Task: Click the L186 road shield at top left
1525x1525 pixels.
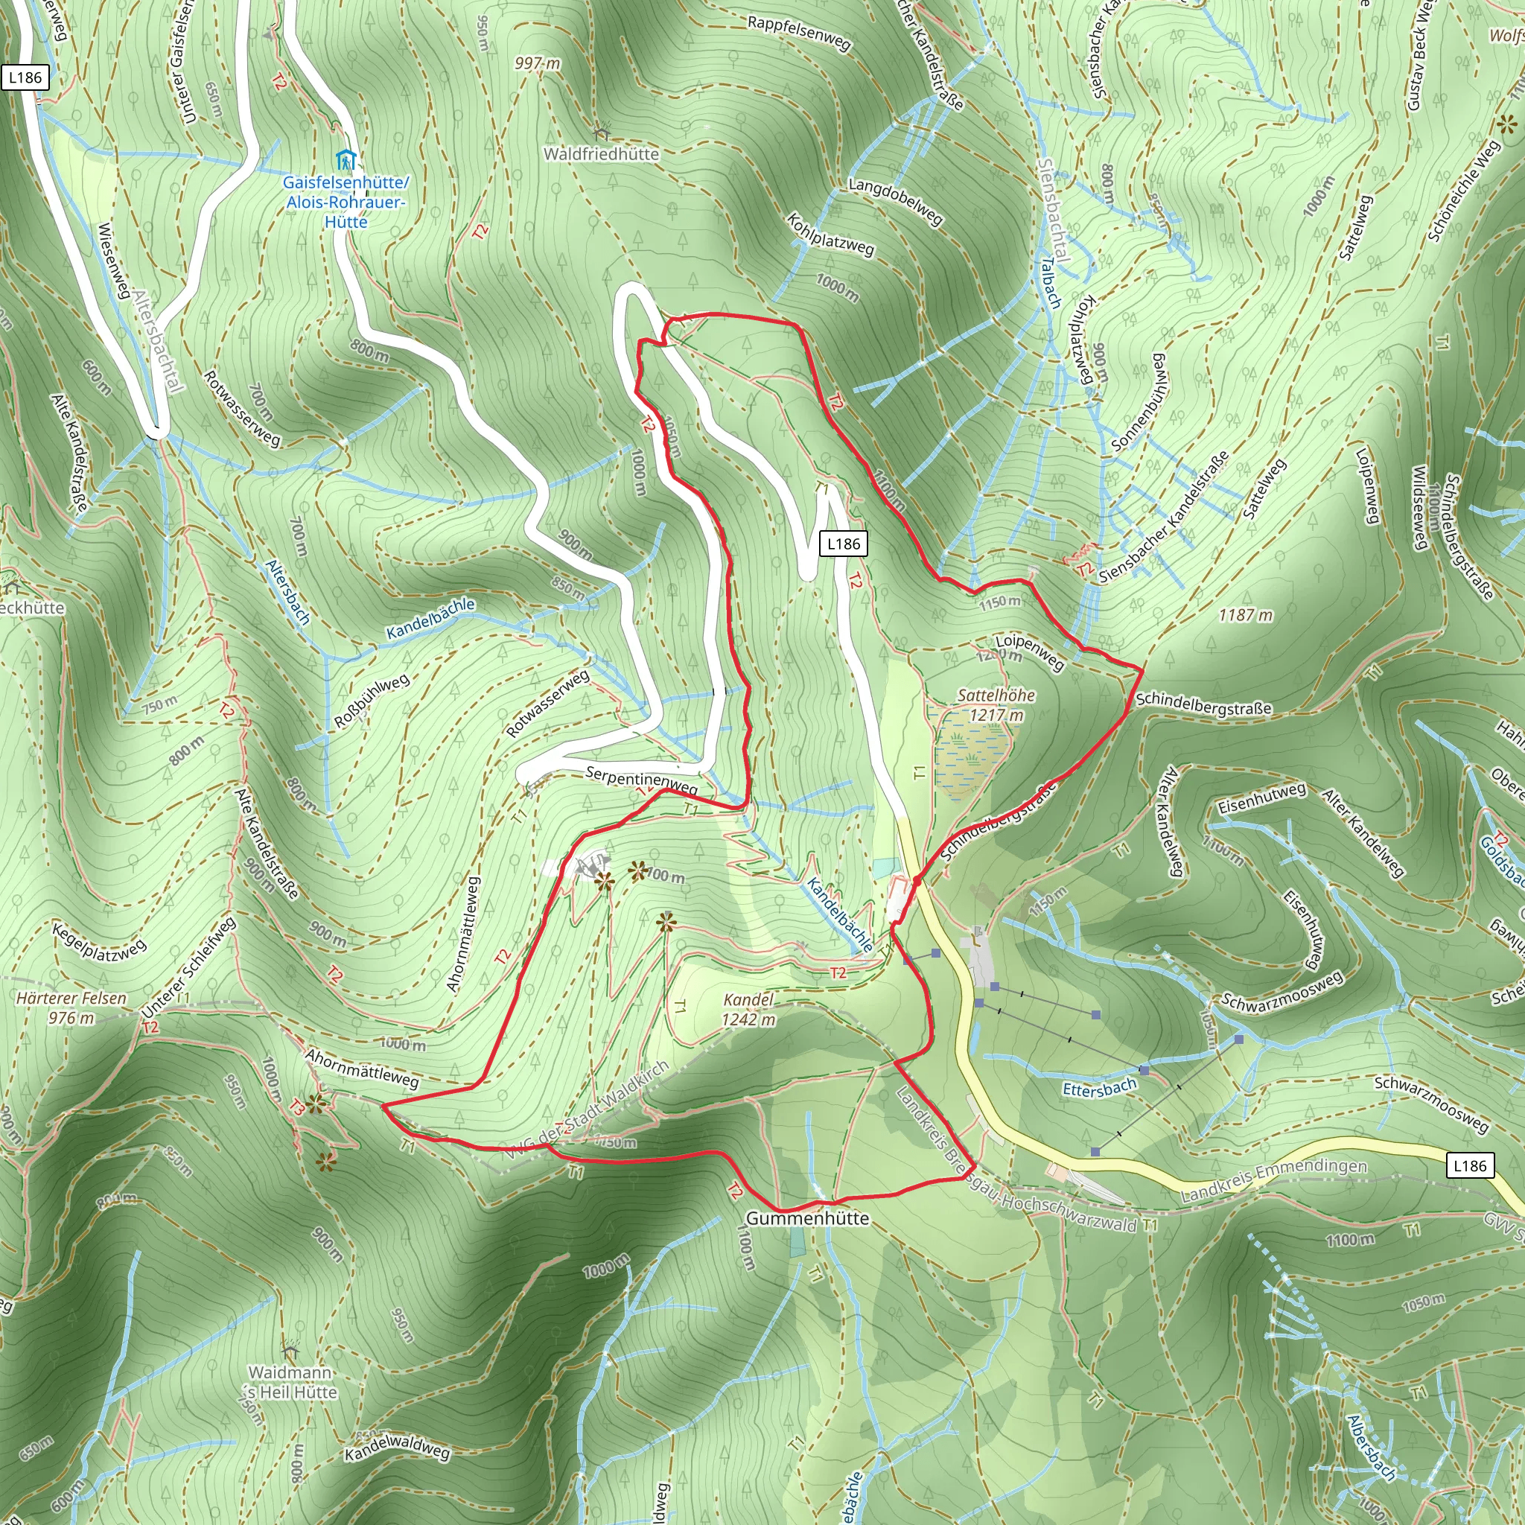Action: coord(25,77)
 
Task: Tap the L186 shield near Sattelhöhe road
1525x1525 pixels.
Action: coord(843,544)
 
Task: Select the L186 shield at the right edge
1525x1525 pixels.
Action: coord(1470,1165)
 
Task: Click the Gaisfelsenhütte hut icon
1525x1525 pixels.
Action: coord(345,160)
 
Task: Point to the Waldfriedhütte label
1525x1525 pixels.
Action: coord(601,154)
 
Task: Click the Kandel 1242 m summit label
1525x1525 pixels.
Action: coord(748,1010)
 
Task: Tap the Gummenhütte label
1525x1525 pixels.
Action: coord(806,1218)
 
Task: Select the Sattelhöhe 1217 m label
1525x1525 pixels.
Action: coord(996,705)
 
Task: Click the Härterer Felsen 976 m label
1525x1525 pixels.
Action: coord(71,1008)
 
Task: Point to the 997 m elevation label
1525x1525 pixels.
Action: coord(538,63)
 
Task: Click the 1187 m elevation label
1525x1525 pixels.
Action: coord(1246,614)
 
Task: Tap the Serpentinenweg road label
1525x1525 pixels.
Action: coord(641,780)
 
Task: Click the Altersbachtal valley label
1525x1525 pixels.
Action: coord(159,340)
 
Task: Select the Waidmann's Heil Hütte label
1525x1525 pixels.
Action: coord(291,1382)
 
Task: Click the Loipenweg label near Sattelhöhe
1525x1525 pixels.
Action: coord(1029,652)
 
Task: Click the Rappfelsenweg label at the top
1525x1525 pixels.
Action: coord(800,32)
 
